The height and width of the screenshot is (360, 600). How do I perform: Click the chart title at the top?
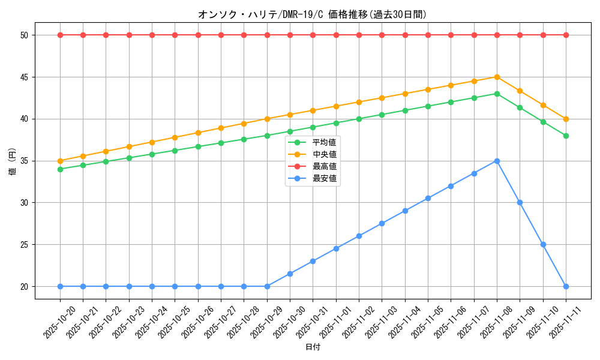pos(312,14)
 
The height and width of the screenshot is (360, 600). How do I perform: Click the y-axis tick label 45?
pos(25,77)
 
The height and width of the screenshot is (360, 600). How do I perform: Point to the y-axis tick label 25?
pos(25,245)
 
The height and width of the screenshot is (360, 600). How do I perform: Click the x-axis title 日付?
pos(313,347)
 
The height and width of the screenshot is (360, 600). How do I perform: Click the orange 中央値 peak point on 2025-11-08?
pos(497,77)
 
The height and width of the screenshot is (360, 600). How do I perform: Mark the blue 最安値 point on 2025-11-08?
pos(497,161)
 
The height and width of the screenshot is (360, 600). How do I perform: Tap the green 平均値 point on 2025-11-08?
pos(497,94)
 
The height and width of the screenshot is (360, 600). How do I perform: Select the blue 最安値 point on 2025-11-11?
pos(566,286)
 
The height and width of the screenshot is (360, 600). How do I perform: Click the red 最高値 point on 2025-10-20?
pos(60,35)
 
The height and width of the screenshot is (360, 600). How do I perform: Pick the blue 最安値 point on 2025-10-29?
pos(267,286)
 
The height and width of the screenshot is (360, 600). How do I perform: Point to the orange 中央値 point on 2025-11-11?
pos(566,119)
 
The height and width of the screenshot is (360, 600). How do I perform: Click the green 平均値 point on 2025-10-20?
pos(60,169)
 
